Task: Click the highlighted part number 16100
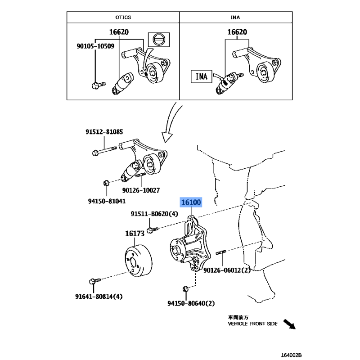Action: tap(191, 202)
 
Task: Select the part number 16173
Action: tap(135, 234)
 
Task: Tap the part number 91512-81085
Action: tap(105, 132)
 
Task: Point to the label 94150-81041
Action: tap(108, 201)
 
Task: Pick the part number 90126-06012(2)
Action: tap(226, 270)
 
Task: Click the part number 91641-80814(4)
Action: tap(99, 296)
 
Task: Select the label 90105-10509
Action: tap(95, 46)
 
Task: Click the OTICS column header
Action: tap(123, 17)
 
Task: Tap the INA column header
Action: tap(235, 17)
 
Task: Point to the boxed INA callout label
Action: tap(201, 76)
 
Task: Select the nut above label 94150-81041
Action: tap(107, 183)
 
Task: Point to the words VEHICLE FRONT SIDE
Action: tap(252, 323)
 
